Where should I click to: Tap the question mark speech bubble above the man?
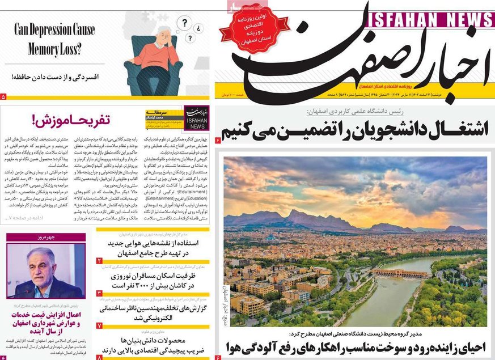pyautogui.click(x=184, y=23)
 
